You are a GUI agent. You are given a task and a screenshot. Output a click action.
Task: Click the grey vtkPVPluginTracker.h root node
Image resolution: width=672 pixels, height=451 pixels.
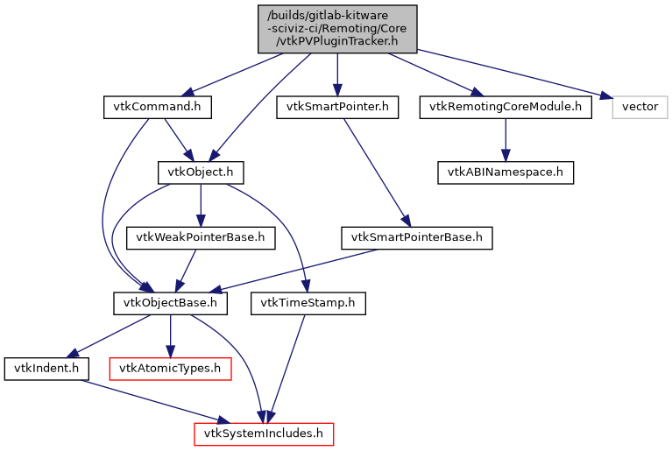pos(337,28)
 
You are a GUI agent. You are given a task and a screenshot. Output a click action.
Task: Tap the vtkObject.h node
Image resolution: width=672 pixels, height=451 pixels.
pos(200,172)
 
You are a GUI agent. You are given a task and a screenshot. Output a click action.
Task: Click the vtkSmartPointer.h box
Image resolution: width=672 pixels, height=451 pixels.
pos(337,107)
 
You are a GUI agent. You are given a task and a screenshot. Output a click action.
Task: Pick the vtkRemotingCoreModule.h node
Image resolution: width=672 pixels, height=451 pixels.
pos(505,107)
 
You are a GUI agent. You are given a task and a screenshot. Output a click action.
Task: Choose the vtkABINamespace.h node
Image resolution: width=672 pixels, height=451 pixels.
pos(505,172)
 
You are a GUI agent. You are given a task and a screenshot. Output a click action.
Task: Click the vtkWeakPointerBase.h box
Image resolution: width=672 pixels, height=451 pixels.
pos(202,236)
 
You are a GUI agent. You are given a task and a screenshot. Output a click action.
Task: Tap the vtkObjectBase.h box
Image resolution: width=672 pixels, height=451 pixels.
pos(171,303)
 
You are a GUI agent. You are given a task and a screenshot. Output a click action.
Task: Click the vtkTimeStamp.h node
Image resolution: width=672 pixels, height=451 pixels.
pos(308,303)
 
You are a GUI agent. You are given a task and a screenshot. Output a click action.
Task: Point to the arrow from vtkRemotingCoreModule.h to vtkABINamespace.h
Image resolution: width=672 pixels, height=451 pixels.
pos(505,139)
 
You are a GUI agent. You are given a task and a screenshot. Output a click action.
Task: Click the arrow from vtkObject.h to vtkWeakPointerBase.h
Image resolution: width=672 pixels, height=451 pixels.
pos(201,204)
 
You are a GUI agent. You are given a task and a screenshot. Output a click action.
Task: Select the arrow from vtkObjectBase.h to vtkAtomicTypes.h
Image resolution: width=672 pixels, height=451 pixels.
pos(171,335)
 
